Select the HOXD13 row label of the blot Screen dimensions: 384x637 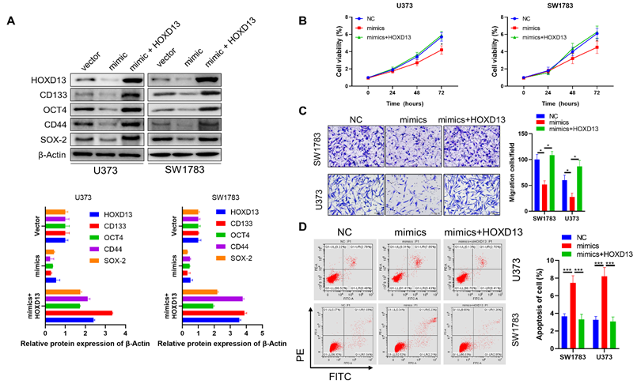point(47,81)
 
